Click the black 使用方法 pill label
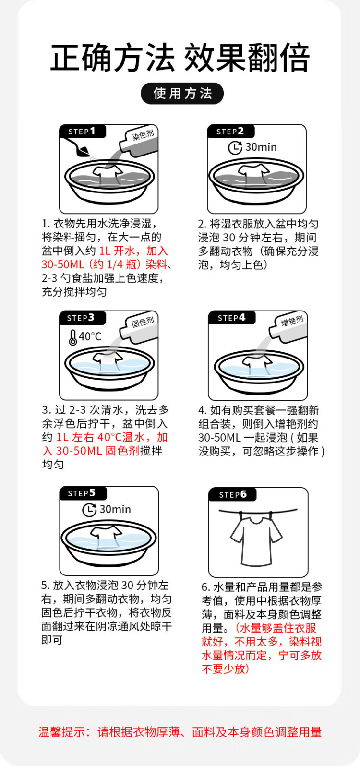pos(182,94)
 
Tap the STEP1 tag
pos(83,132)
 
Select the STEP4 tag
pos(232,318)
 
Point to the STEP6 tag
pos(233,494)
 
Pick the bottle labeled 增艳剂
pos(288,328)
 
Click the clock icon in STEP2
pos(235,148)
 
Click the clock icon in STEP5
pos(89,510)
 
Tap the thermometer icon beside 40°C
pos(72,337)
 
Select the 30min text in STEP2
pos(261,147)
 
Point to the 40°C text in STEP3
pos(90,336)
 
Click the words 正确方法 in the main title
pos(112,58)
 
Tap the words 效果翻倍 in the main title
pos(247,58)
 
